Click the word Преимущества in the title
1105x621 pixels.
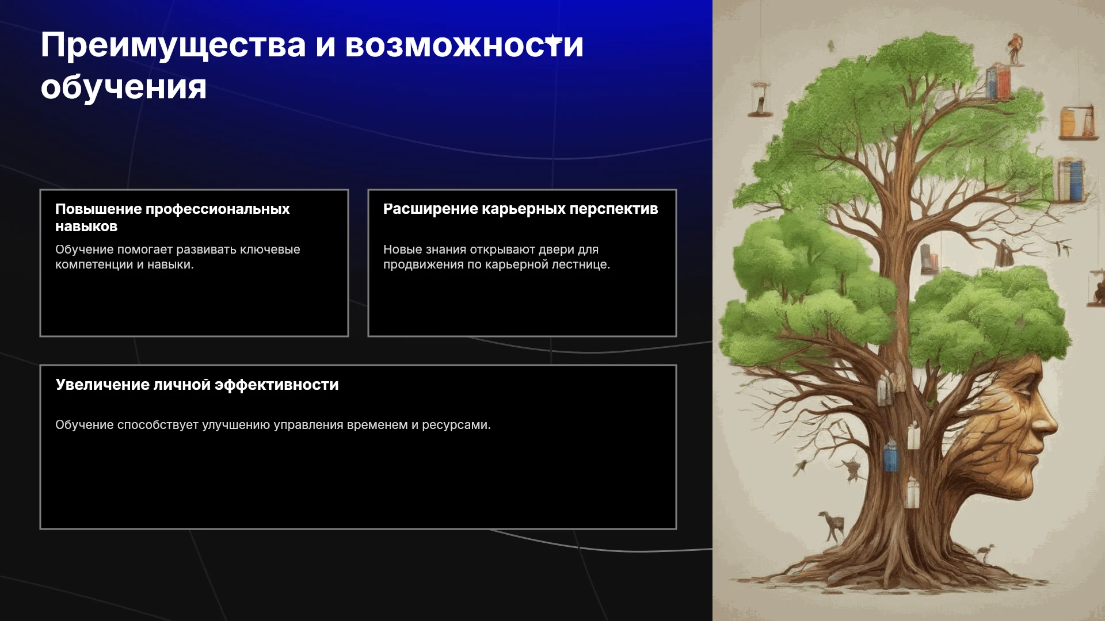point(173,46)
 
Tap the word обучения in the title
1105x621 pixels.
point(124,88)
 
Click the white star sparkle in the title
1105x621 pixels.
point(553,41)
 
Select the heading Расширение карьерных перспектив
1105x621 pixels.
point(520,209)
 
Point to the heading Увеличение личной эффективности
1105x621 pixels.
point(197,385)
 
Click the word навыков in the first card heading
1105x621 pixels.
point(86,227)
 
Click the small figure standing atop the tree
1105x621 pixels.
point(1014,49)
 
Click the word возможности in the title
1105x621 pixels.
point(464,45)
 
